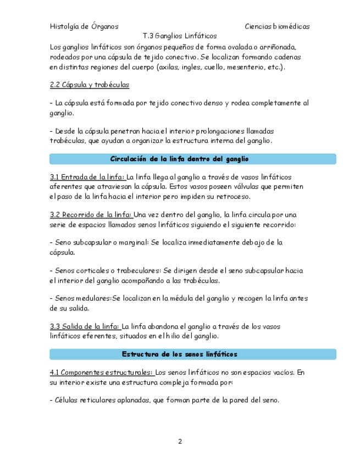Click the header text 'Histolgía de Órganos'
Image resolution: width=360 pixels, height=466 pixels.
pos(84,26)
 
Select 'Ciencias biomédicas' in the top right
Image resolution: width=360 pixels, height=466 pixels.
pos(277,26)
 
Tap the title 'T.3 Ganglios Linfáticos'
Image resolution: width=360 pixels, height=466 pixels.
pos(179,36)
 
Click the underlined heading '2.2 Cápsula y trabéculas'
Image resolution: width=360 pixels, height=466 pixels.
pos(89,85)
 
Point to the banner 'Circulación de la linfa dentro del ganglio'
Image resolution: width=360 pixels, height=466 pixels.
pos(180,159)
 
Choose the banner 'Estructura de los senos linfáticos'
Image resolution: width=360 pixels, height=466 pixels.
pos(180,354)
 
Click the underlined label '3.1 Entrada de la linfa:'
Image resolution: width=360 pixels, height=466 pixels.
pos(87,177)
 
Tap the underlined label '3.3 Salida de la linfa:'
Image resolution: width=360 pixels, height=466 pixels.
pos(85,326)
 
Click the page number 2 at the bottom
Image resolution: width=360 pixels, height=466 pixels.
pos(180,441)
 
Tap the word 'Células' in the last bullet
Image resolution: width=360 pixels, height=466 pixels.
pos(67,401)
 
